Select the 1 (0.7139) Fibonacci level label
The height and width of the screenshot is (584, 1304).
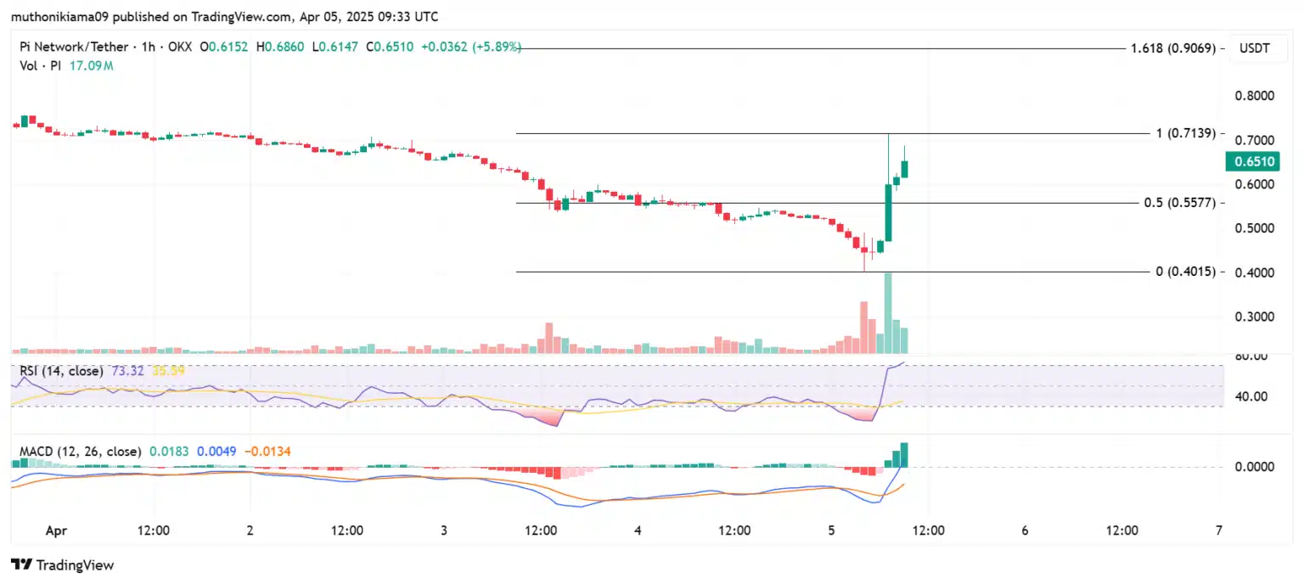point(1186,133)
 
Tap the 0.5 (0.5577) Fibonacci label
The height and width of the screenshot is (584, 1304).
point(1179,204)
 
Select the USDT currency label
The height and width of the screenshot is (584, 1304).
point(1254,48)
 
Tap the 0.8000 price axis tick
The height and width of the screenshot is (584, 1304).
point(1252,96)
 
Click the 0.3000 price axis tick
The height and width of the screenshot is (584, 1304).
point(1252,317)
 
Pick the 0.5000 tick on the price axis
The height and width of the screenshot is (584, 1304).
point(1252,228)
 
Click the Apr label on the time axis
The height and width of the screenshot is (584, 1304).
point(56,531)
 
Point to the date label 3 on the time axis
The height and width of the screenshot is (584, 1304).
point(444,531)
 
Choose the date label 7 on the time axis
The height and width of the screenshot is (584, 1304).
point(1219,531)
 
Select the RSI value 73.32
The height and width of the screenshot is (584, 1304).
point(128,371)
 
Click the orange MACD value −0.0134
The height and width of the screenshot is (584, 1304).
point(267,452)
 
